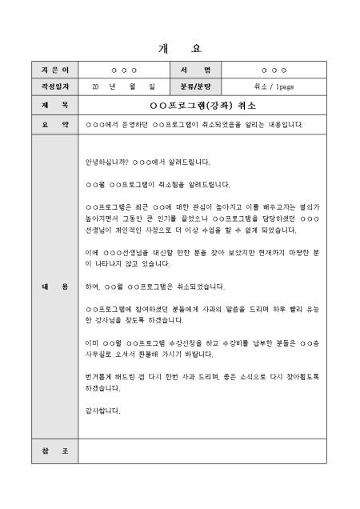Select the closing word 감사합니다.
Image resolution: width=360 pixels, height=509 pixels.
(102, 411)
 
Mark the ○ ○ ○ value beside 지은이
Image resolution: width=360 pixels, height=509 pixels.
(123, 70)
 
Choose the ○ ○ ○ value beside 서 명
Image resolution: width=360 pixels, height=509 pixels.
(274, 70)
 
